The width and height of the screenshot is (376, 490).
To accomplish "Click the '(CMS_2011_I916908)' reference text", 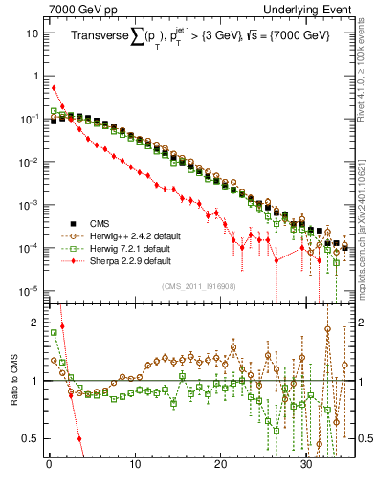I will (x=197, y=285).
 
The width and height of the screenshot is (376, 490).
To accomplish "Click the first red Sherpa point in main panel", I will (x=54, y=88).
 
